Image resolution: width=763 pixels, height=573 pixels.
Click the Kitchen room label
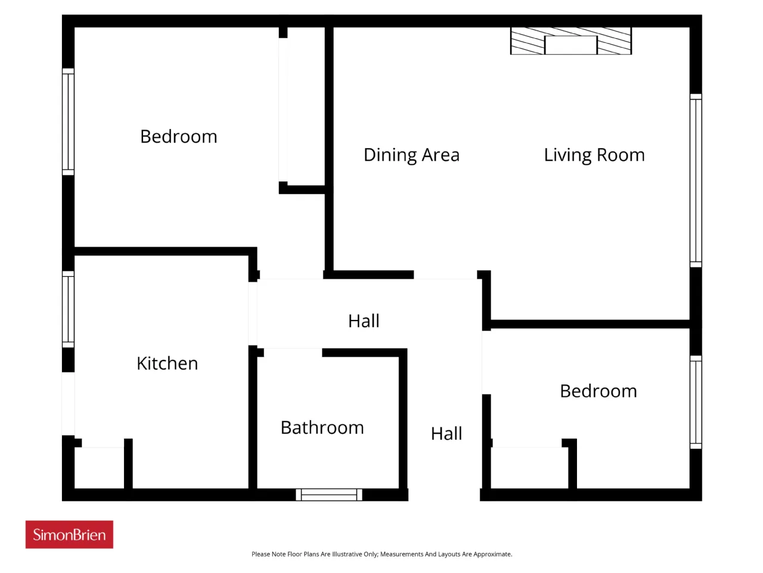167,363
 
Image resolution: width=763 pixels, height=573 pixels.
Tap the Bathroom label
322,427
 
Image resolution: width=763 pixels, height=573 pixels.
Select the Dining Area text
411,155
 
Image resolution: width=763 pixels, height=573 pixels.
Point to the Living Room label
594,155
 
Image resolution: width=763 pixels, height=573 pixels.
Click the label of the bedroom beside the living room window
598,391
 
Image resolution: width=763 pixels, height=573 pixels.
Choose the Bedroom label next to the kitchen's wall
179,136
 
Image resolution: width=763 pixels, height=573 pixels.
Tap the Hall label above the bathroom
364,321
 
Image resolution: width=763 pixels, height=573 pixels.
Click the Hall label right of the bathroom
446,434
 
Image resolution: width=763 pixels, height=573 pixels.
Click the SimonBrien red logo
69,534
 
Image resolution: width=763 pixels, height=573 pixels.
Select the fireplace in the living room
571,41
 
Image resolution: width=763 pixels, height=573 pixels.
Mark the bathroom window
329,495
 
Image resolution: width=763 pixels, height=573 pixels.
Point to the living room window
696,181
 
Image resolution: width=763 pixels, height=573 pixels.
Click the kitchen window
68,309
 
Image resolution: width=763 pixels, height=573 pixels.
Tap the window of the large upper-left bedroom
68,122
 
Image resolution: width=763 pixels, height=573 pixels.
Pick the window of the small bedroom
696,402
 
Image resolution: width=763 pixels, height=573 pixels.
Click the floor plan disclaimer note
381,554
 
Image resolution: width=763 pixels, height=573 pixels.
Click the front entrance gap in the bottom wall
444,495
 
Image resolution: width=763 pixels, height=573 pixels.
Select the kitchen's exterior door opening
68,403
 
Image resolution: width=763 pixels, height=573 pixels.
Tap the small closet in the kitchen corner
100,467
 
